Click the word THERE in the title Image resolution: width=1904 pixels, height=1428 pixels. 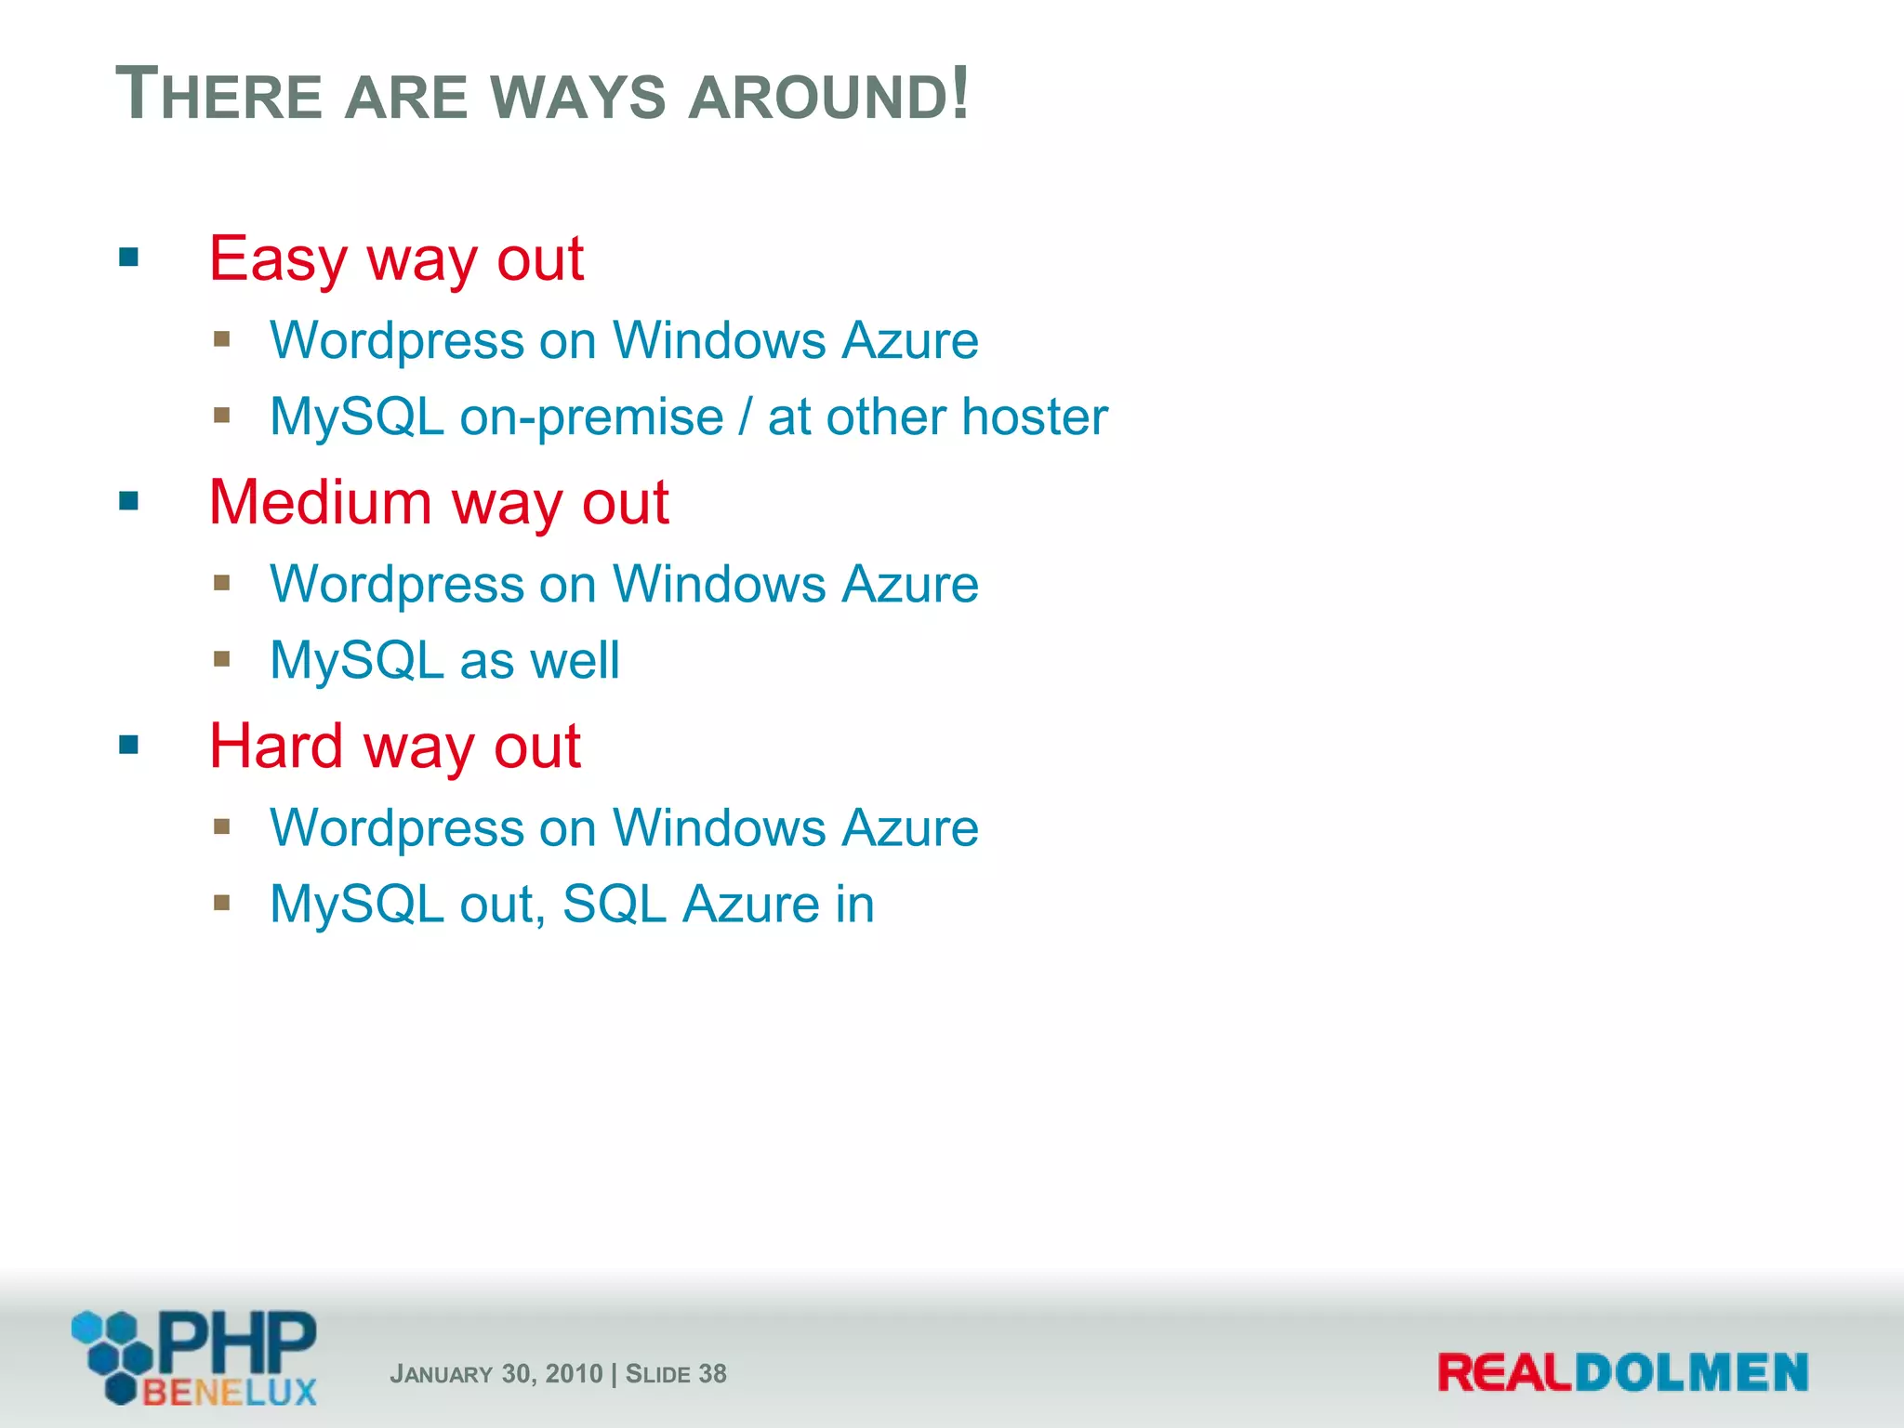[218, 95]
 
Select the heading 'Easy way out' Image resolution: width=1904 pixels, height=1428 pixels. [396, 258]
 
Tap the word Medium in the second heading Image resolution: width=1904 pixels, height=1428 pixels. [320, 503]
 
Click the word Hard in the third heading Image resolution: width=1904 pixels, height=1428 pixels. [276, 747]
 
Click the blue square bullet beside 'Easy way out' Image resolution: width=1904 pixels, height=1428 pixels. [129, 257]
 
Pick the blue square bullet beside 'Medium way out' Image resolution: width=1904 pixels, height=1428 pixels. [129, 501]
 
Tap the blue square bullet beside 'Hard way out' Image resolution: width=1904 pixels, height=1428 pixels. [129, 745]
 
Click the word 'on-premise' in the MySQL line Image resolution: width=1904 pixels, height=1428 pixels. [591, 417]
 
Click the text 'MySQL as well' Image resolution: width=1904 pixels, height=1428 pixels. [444, 661]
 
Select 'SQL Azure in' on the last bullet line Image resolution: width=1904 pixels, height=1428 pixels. [719, 905]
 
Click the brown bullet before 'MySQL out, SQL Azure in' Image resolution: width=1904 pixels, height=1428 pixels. [221, 902]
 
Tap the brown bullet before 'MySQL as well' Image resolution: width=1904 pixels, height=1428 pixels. [221, 658]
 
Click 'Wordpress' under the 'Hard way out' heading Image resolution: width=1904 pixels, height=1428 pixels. [396, 828]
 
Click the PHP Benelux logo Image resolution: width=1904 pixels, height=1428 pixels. [194, 1357]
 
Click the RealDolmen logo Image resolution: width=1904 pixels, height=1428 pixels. [1622, 1372]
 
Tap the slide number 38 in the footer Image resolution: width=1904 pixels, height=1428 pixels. [712, 1374]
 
